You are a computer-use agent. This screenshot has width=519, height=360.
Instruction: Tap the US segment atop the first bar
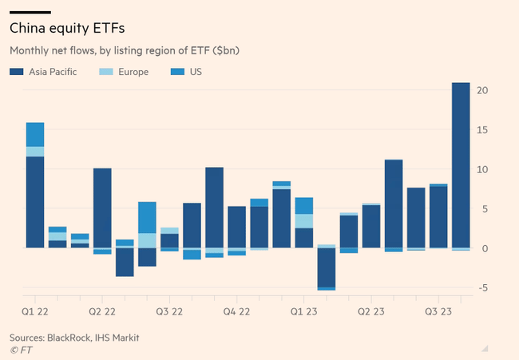(x=34, y=134)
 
